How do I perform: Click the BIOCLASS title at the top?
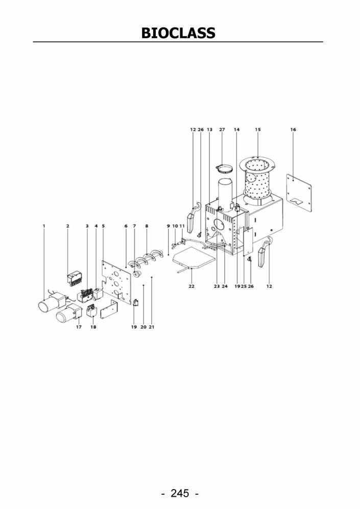click(178, 33)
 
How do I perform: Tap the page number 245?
click(180, 493)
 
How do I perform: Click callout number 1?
click(44, 226)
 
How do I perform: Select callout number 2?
click(68, 226)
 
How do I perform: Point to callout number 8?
click(147, 226)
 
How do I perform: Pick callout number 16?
click(293, 130)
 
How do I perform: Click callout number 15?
click(258, 130)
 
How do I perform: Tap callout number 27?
click(222, 130)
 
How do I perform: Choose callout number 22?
click(191, 286)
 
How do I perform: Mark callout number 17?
click(79, 327)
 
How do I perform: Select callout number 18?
click(93, 327)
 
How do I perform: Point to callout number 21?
click(152, 327)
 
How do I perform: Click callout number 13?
click(210, 130)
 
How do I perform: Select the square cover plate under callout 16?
click(299, 193)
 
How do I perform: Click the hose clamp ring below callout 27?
click(224, 168)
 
